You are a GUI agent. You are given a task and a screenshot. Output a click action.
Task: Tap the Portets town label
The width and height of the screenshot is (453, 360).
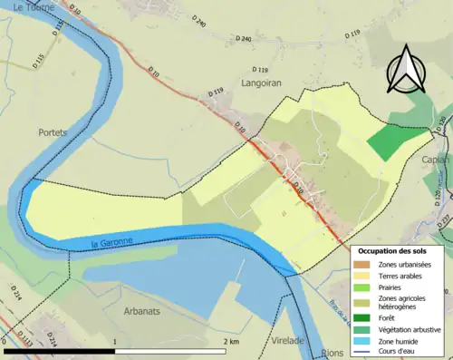click(x=53, y=131)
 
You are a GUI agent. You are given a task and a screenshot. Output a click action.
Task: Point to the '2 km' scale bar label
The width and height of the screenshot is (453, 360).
click(x=230, y=341)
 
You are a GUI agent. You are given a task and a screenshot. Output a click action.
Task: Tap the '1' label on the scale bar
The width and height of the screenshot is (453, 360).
click(x=115, y=341)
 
